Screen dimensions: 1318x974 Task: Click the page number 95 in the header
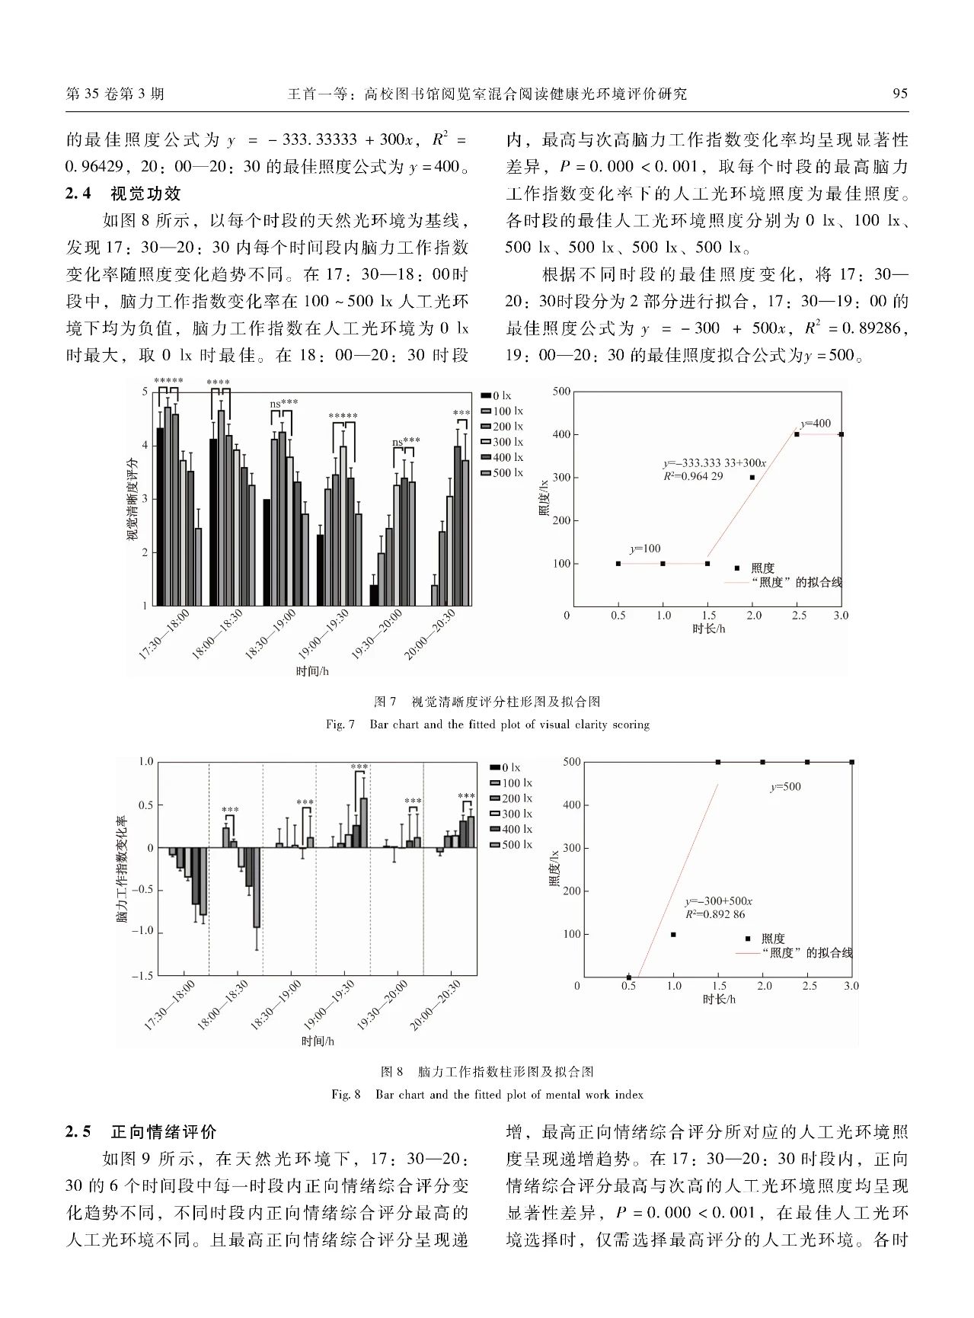(x=899, y=94)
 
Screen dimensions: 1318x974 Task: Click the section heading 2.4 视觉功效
(x=123, y=194)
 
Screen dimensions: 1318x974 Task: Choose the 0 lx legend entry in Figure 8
(x=505, y=767)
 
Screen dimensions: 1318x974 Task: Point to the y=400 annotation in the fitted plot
(x=816, y=424)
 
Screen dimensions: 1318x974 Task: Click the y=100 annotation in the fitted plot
(x=645, y=549)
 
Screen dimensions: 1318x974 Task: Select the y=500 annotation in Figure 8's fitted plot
(x=785, y=787)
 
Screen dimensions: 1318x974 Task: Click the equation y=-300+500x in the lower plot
(x=718, y=901)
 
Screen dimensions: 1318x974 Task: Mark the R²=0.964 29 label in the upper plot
(x=693, y=476)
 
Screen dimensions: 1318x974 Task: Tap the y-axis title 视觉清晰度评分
(x=132, y=499)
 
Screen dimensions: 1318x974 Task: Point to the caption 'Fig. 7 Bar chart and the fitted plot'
(x=487, y=725)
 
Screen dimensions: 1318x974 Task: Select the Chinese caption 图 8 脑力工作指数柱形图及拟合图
(x=487, y=1072)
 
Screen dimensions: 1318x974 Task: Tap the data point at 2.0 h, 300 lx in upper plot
(x=752, y=478)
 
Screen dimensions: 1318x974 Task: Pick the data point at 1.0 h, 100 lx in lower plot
(x=673, y=934)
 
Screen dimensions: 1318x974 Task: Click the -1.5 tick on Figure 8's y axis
(x=142, y=975)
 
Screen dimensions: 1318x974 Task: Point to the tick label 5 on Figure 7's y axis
(x=145, y=392)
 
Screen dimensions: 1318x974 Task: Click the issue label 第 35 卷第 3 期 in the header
(x=115, y=94)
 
